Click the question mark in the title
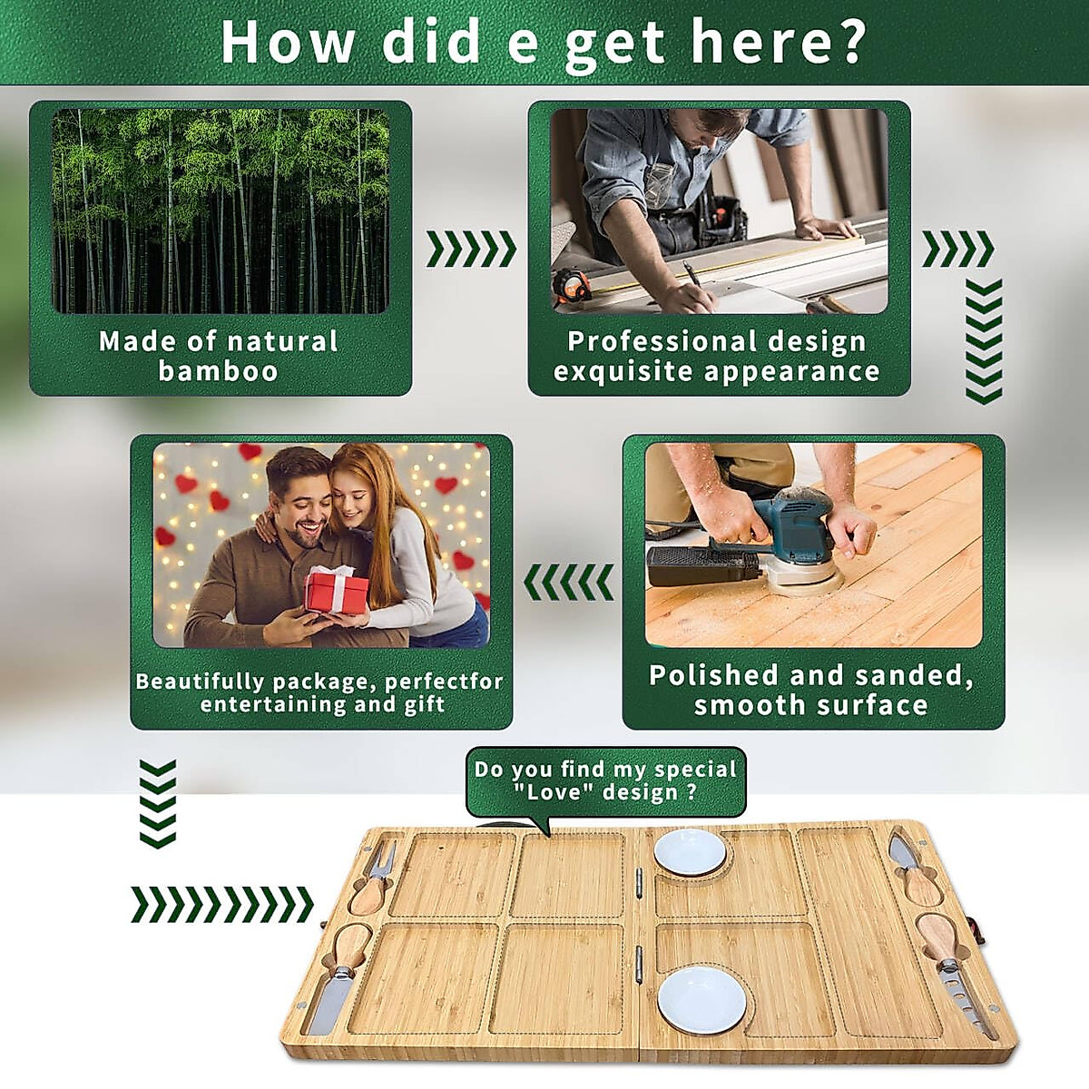(850, 42)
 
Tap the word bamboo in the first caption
(218, 371)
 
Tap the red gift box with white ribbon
(337, 590)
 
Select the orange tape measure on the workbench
(572, 289)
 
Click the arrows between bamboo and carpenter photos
(471, 249)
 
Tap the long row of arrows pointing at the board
(222, 905)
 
